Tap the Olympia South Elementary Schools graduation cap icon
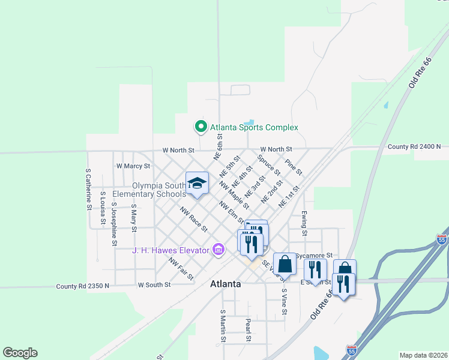[x=197, y=184]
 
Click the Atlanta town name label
[x=225, y=284]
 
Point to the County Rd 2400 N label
[x=414, y=146]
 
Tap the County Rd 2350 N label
[x=83, y=286]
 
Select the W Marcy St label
[x=133, y=166]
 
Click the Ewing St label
[x=304, y=223]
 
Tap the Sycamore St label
[x=318, y=256]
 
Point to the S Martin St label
[x=223, y=326]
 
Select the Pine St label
[x=294, y=167]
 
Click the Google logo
[x=20, y=353]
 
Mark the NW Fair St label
[x=181, y=269]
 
